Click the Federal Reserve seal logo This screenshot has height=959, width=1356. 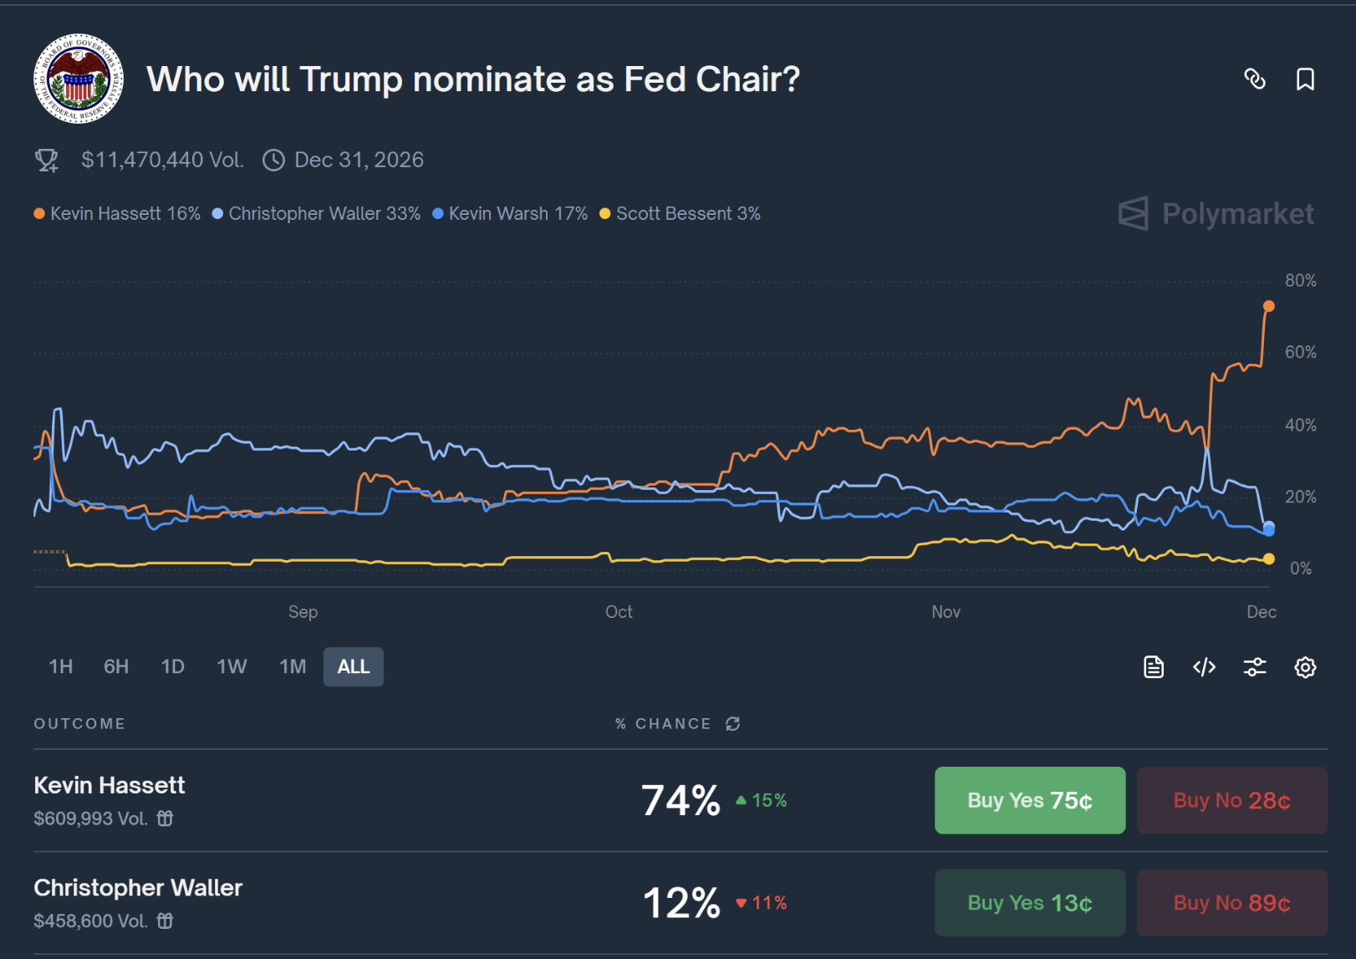[x=79, y=79]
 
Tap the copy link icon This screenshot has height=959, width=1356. [x=1254, y=79]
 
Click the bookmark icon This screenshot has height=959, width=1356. [x=1304, y=79]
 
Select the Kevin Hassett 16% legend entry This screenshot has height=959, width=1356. [x=117, y=214]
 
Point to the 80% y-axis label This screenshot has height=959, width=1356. [x=1300, y=281]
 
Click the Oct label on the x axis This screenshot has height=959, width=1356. [x=619, y=612]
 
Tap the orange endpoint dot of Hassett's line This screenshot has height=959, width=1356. [x=1268, y=307]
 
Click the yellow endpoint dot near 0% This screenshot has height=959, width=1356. [x=1268, y=559]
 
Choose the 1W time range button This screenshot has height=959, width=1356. [x=232, y=667]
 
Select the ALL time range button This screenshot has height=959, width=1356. [x=353, y=667]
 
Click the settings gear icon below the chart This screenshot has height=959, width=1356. [x=1304, y=667]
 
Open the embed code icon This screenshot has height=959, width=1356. [x=1204, y=667]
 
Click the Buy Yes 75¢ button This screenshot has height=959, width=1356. [x=1029, y=800]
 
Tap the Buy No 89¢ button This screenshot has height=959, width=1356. [x=1231, y=903]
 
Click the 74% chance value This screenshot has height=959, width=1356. [x=681, y=800]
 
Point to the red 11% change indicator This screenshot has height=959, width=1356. [x=762, y=903]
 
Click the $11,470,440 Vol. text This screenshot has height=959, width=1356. [x=162, y=160]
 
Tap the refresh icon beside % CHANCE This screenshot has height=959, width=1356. [x=733, y=724]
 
